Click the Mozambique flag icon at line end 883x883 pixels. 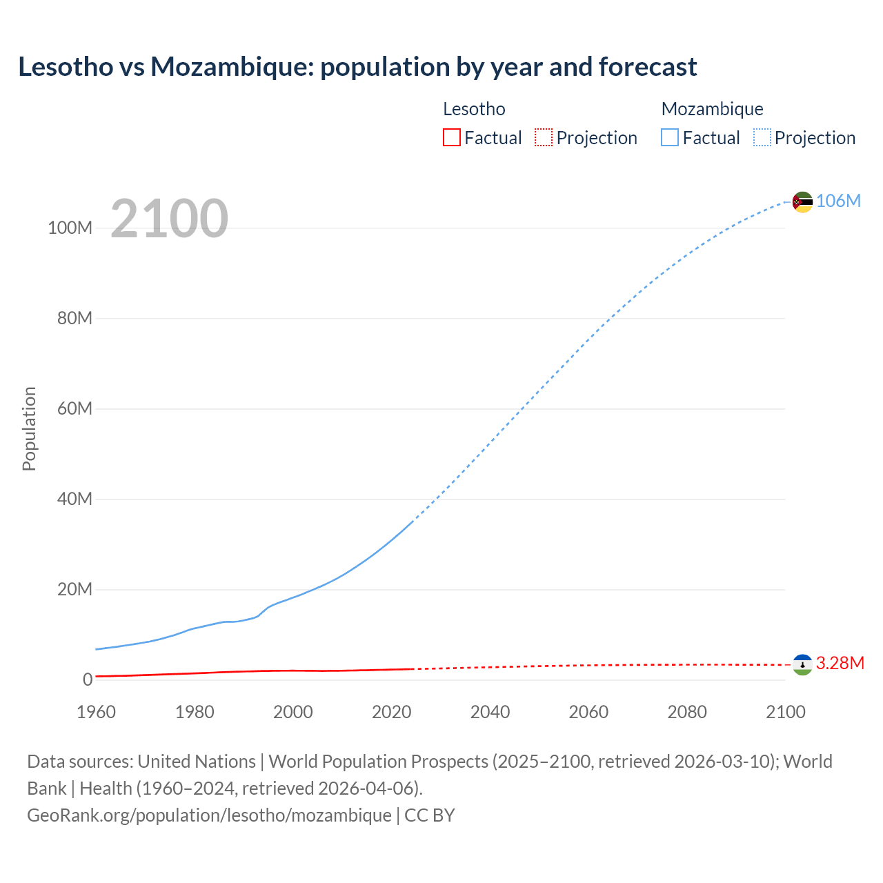pyautogui.click(x=802, y=202)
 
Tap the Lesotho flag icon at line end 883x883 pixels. pyautogui.click(x=802, y=664)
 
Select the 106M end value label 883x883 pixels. pyautogui.click(x=838, y=201)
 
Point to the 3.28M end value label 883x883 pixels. pyautogui.click(x=840, y=663)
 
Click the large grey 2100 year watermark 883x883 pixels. pyautogui.click(x=169, y=219)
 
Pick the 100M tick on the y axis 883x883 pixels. pyautogui.click(x=70, y=228)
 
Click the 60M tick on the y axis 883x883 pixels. pyautogui.click(x=75, y=409)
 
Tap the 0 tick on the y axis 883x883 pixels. pyautogui.click(x=88, y=679)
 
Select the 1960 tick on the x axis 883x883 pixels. pyautogui.click(x=96, y=712)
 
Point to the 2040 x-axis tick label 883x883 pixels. pyautogui.click(x=490, y=712)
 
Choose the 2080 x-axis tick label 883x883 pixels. pyautogui.click(x=687, y=712)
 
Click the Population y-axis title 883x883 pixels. pyautogui.click(x=29, y=428)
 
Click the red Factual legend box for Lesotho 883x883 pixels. pyautogui.click(x=451, y=138)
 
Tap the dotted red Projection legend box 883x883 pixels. pyautogui.click(x=544, y=138)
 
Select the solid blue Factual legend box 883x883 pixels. pyautogui.click(x=669, y=138)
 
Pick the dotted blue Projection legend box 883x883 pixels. pyautogui.click(x=762, y=138)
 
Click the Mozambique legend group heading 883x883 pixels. pyautogui.click(x=712, y=109)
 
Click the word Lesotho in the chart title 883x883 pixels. pyautogui.click(x=66, y=67)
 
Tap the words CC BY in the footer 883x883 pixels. pyautogui.click(x=429, y=815)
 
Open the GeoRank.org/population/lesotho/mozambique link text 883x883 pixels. pyautogui.click(x=209, y=815)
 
